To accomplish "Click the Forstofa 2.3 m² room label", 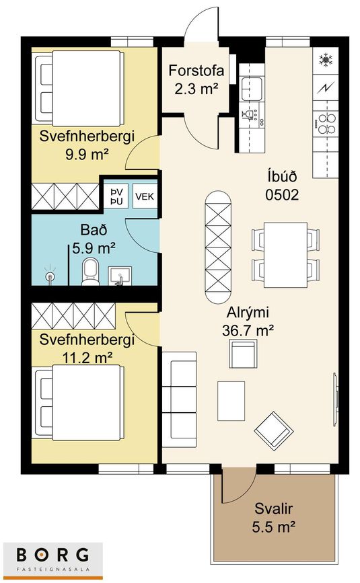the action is (196, 80).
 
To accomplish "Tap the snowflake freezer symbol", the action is (326, 60).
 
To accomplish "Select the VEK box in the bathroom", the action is (144, 196).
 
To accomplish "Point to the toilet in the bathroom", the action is (90, 272).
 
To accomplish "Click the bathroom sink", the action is (120, 276).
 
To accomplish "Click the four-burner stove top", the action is (326, 124).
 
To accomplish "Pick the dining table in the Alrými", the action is (285, 255).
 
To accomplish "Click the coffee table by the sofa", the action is (231, 401).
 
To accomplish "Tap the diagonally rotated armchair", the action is (274, 430).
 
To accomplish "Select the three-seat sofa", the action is (179, 399).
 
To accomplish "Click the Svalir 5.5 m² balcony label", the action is (274, 518).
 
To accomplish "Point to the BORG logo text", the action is (52, 554).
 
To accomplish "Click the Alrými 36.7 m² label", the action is (248, 321).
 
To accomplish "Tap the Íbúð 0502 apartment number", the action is (282, 185).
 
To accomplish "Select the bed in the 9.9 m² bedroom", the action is (78, 88).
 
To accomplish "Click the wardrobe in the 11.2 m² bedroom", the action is (73, 316).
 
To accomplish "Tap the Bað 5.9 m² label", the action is (94, 239).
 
